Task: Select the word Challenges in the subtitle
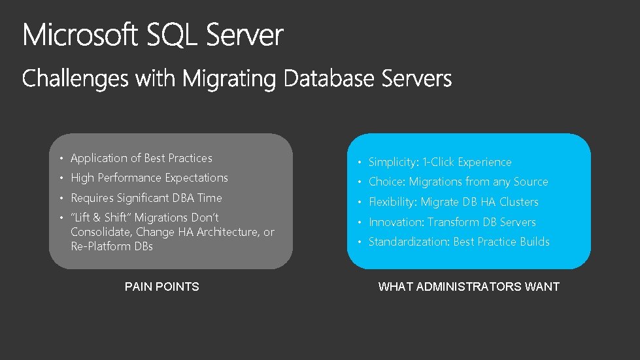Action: tap(76, 80)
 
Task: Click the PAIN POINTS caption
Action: tap(162, 286)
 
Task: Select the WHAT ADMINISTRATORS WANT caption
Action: tap(469, 286)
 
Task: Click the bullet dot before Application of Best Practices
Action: tap(60, 159)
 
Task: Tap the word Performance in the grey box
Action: tap(129, 178)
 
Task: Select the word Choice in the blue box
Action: tap(385, 182)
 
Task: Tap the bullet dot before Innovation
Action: tap(358, 223)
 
